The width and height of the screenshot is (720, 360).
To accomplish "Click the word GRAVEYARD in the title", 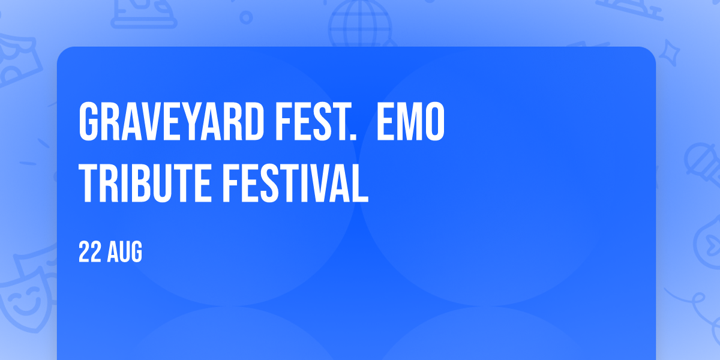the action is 172,122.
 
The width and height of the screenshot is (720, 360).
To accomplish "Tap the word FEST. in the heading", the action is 316,122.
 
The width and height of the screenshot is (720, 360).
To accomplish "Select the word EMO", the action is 411,122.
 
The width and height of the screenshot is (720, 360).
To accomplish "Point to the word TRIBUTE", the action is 145,183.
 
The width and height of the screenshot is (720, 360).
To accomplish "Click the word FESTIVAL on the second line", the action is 295,183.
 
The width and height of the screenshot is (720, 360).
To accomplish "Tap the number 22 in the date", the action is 90,252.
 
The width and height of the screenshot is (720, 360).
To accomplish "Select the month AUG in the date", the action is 124,252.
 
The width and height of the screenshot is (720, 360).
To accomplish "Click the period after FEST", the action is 353,137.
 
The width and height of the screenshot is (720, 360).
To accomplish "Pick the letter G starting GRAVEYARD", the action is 88,122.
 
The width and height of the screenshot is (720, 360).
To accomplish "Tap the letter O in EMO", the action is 435,122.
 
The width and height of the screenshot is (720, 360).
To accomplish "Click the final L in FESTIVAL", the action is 359,183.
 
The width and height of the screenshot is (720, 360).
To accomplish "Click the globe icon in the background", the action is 361,24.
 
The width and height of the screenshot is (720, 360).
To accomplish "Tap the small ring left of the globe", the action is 246,17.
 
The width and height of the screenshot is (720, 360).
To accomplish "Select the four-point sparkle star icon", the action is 670,53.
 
